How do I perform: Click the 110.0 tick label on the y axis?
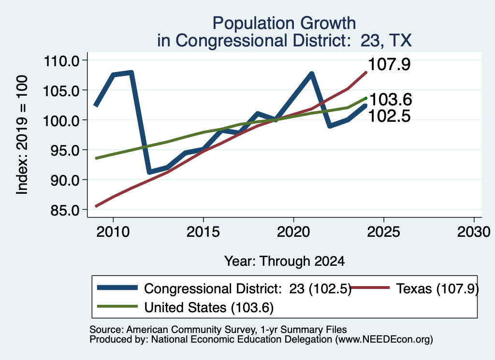point(61,61)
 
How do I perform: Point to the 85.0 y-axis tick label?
point(65,210)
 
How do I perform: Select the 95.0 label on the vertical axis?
point(65,150)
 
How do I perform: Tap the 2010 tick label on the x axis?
point(113,232)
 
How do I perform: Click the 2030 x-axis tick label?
point(474,232)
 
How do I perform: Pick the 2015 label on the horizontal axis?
point(204,232)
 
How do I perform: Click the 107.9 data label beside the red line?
point(389,64)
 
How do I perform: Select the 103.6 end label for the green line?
point(391,100)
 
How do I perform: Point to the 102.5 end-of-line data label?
point(389,116)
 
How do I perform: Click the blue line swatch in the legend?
point(117,288)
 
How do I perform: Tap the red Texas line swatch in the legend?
point(370,288)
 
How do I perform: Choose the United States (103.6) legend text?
point(209,307)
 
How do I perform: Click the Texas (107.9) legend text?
point(437,288)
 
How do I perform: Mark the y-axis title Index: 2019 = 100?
point(22,135)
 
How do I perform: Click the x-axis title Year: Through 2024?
point(284,261)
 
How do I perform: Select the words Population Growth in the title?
point(284,23)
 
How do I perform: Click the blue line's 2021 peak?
point(312,74)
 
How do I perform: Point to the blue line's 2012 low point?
point(149,172)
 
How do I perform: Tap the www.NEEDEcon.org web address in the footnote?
point(384,340)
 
